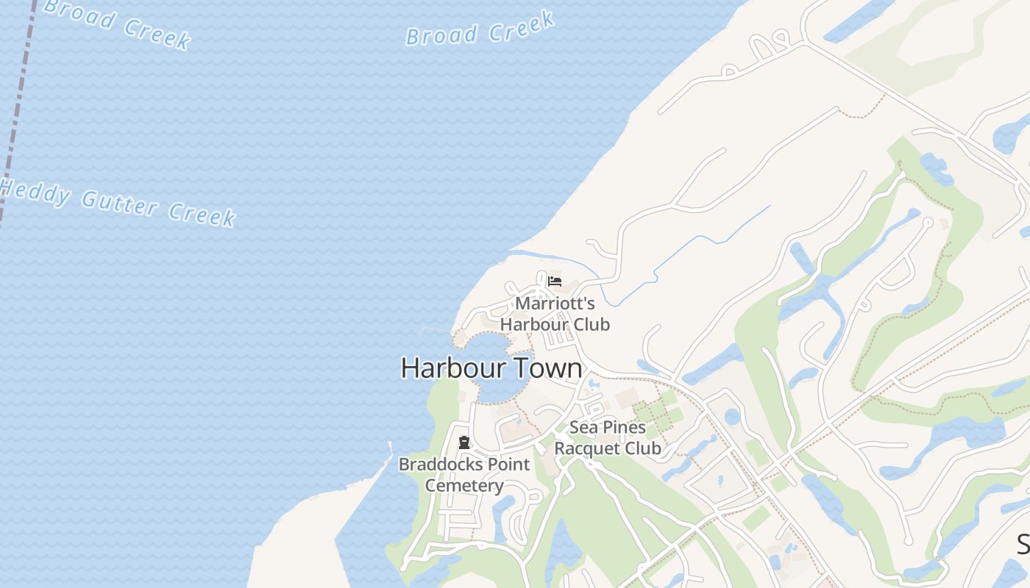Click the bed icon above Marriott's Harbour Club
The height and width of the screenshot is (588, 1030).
555,282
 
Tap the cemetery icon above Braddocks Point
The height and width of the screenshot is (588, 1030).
464,442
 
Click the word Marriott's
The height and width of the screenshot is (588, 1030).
555,304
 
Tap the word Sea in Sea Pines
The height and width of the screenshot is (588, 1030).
583,427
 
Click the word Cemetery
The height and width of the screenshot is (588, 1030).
464,485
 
